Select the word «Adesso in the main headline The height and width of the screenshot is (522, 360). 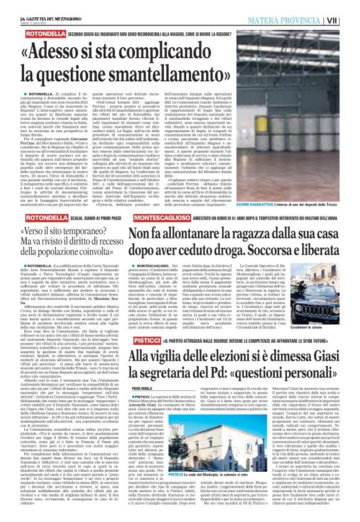73,49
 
